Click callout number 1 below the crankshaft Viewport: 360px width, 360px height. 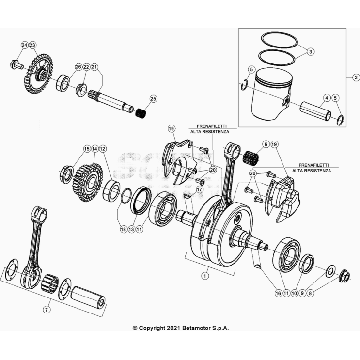[x=205, y=275]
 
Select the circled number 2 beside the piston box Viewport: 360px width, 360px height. [x=355, y=77]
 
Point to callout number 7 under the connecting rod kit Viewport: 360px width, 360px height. [x=47, y=309]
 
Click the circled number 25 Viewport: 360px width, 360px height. [x=154, y=99]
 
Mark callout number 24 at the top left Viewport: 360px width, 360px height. [x=24, y=45]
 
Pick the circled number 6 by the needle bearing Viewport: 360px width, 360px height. [x=266, y=144]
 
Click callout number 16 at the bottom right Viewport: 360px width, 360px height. [x=278, y=293]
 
